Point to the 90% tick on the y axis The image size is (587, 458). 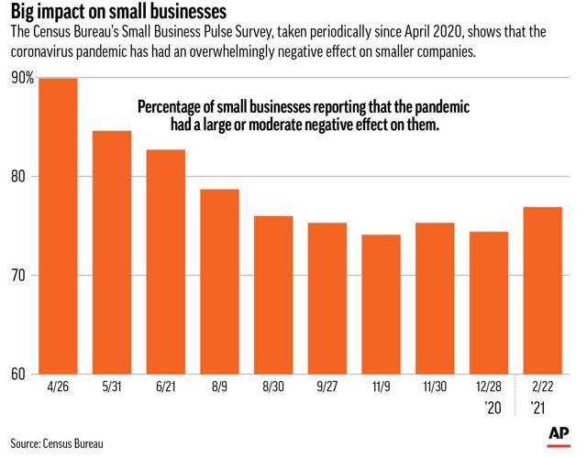(x=23, y=79)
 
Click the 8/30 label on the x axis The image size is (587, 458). (x=272, y=387)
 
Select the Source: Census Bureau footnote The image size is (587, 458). (x=58, y=442)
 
